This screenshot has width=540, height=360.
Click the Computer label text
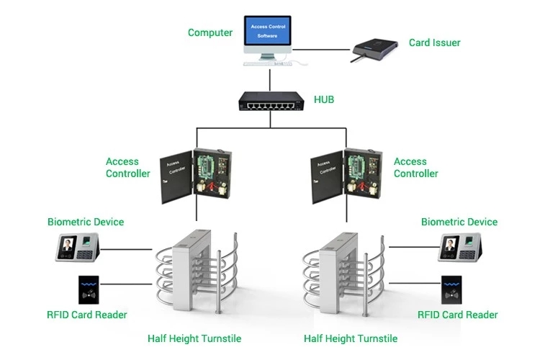point(210,32)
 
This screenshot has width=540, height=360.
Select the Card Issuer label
point(434,42)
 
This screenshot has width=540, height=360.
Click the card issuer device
point(375,49)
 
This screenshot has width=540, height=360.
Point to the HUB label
point(324,99)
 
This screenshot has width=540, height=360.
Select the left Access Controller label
point(127,168)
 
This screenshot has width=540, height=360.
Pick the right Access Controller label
point(415,168)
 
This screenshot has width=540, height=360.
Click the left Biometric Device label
point(86,222)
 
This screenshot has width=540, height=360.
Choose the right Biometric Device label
point(459,222)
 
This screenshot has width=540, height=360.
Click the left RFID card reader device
point(90,290)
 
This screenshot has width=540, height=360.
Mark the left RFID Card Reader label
point(87,315)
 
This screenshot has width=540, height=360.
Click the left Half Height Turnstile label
point(194,338)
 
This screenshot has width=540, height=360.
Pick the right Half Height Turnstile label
point(351,338)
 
